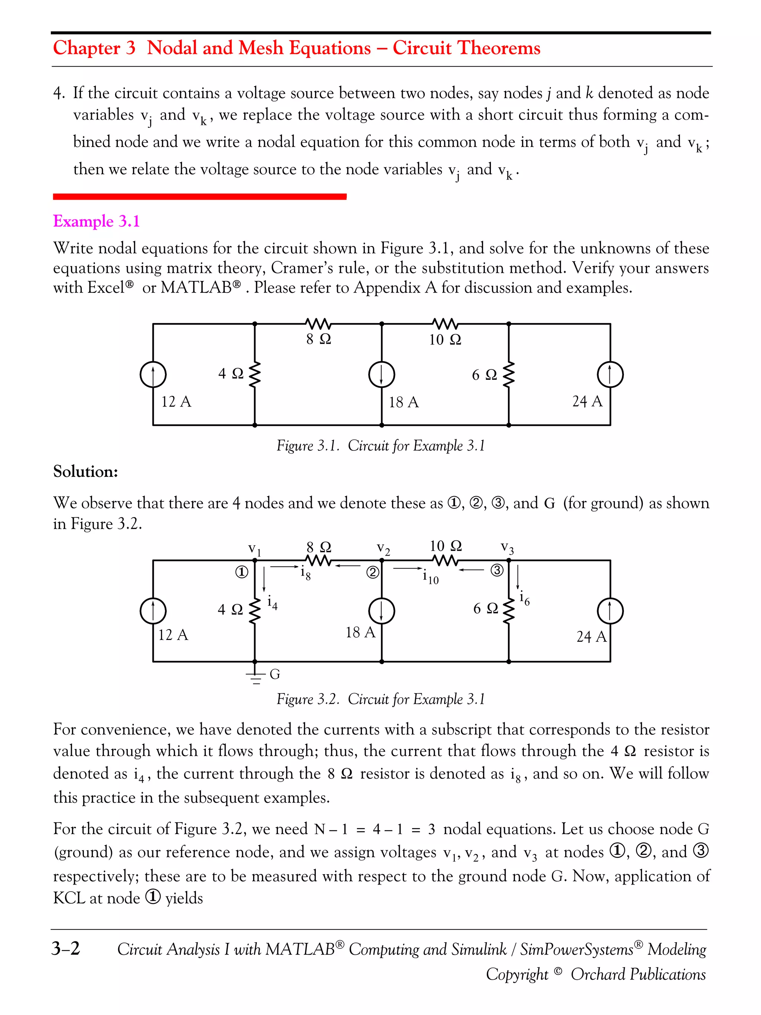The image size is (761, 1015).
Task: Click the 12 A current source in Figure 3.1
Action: [153, 374]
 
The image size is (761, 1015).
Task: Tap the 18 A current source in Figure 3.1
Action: [382, 374]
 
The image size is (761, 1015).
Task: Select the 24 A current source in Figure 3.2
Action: [610, 611]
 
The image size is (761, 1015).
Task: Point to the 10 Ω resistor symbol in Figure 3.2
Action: [445, 560]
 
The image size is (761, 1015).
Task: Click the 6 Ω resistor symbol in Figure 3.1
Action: [509, 374]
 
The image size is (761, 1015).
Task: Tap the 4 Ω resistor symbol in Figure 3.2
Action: [255, 610]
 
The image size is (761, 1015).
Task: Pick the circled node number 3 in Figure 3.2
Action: [497, 570]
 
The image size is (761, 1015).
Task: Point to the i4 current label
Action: [272, 603]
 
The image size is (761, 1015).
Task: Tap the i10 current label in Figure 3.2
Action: [430, 577]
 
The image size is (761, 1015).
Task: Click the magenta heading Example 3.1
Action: [96, 221]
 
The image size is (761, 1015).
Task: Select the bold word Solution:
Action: [86, 472]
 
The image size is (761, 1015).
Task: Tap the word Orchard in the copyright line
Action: [595, 974]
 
